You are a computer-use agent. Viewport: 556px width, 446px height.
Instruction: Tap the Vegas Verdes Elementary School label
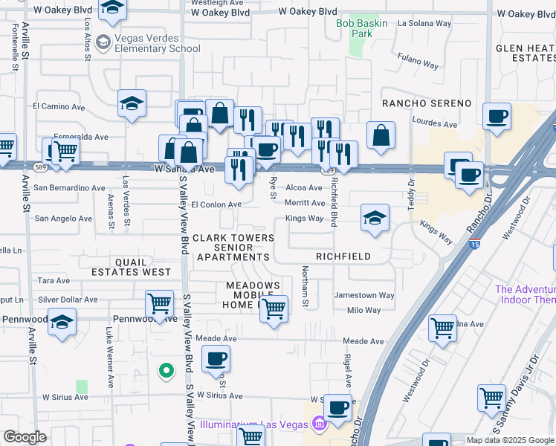coord(148,44)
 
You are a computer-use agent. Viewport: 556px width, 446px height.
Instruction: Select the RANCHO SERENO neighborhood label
coord(427,103)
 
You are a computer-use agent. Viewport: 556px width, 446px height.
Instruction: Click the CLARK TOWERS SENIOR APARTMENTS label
coord(233,248)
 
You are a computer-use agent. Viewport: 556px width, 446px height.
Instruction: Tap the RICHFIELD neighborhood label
coord(343,256)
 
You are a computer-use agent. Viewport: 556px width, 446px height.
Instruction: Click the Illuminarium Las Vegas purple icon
coord(320,424)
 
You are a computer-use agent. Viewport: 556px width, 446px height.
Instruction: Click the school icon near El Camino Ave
coord(132,104)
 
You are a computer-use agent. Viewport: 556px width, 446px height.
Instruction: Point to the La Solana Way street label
coord(424,24)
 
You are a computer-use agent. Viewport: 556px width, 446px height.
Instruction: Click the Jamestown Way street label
coord(364,295)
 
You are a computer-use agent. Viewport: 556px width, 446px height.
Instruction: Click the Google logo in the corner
coord(25,437)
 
